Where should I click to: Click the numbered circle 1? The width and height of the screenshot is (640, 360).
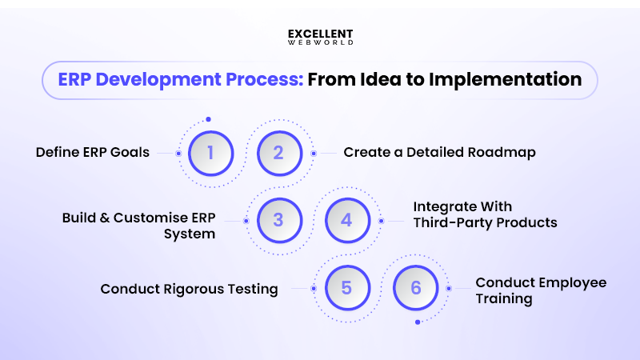click(210, 152)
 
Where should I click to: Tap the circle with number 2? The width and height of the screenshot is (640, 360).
click(278, 152)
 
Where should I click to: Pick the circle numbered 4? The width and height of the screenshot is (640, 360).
click(346, 220)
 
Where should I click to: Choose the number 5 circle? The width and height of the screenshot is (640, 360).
click(346, 288)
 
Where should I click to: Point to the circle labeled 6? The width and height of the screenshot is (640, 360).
click(415, 288)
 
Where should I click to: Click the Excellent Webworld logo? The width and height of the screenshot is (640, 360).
click(320, 37)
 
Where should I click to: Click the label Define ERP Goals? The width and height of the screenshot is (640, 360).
click(93, 152)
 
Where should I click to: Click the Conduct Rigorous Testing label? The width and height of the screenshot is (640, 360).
click(189, 289)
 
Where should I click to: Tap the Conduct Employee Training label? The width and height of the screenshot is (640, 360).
click(541, 290)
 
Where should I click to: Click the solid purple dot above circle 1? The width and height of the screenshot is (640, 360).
click(208, 119)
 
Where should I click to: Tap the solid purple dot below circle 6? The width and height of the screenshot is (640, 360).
click(418, 322)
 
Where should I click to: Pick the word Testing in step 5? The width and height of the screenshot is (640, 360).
click(250, 289)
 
